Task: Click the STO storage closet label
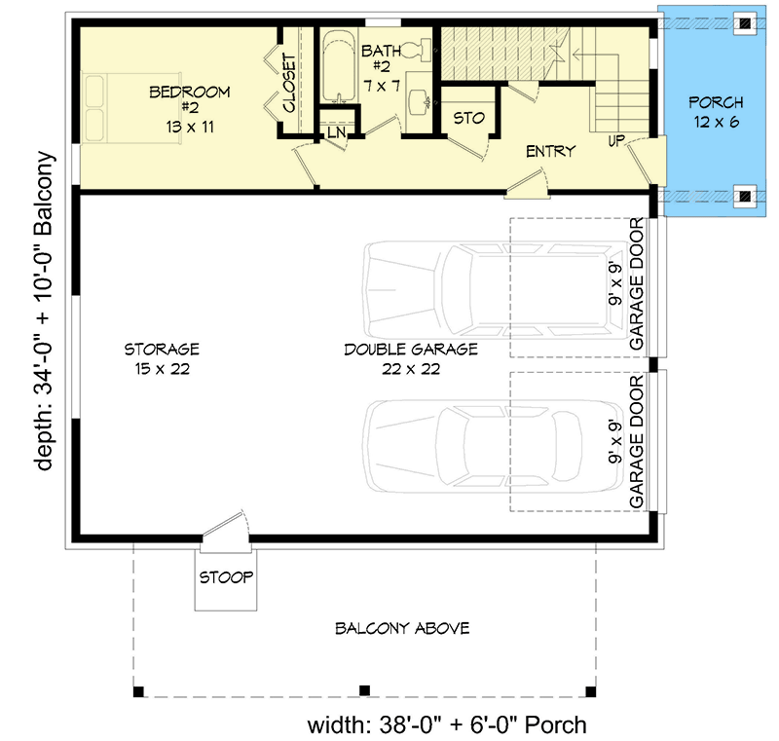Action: tap(469, 119)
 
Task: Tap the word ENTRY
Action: tap(550, 151)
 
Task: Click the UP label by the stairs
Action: tap(616, 141)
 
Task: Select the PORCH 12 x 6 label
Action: tap(716, 110)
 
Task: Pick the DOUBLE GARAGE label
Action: tap(410, 358)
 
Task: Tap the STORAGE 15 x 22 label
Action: tap(162, 357)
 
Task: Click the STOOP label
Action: tap(226, 577)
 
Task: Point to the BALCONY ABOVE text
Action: tap(402, 628)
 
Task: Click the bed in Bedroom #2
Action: tap(97, 108)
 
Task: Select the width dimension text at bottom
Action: tap(447, 724)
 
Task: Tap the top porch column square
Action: tap(744, 22)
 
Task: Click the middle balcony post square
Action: tap(363, 690)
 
